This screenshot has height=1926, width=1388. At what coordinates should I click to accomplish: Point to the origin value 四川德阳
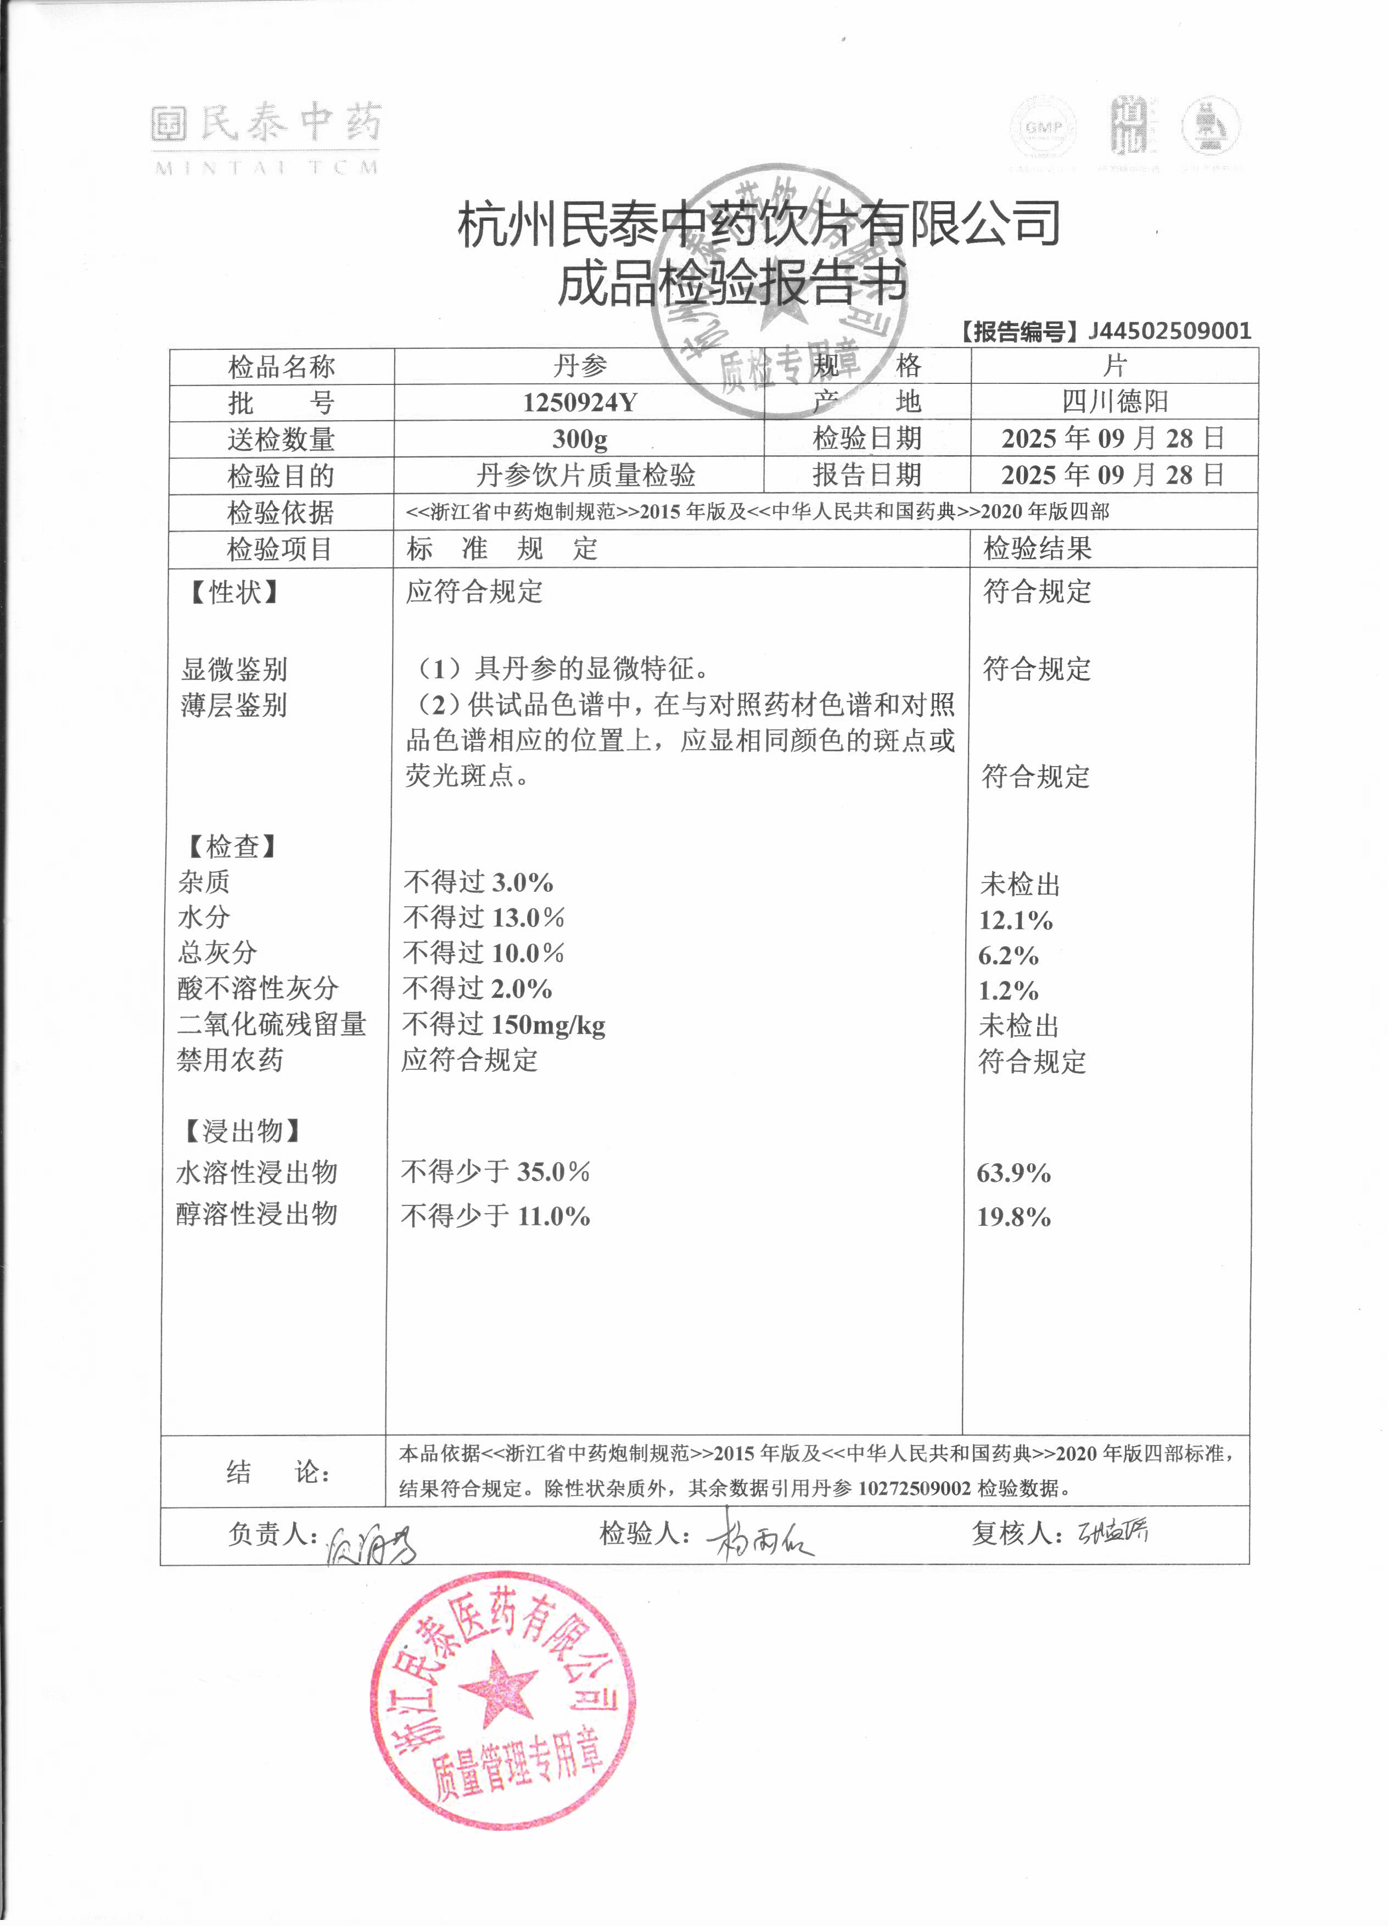coord(1114,401)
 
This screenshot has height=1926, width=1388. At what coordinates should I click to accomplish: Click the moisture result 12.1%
coord(1015,920)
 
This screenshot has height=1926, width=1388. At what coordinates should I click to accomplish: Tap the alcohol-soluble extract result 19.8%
coord(1014,1217)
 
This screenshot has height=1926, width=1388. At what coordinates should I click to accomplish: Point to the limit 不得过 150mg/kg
coord(503,1025)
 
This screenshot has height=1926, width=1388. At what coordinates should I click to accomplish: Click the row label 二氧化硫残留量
coord(272,1024)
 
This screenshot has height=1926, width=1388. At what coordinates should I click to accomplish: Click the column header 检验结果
coord(1037,549)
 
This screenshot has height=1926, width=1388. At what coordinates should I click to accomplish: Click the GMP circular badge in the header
coord(1043,127)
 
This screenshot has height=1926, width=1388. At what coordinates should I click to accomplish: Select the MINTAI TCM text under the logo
coord(266,168)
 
